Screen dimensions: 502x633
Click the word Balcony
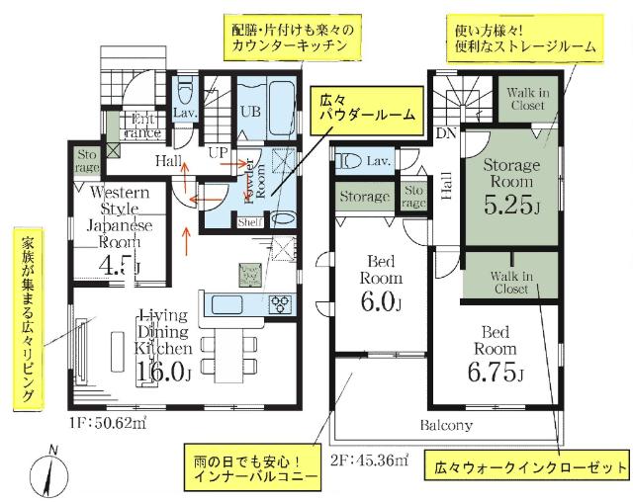coord(445,426)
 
